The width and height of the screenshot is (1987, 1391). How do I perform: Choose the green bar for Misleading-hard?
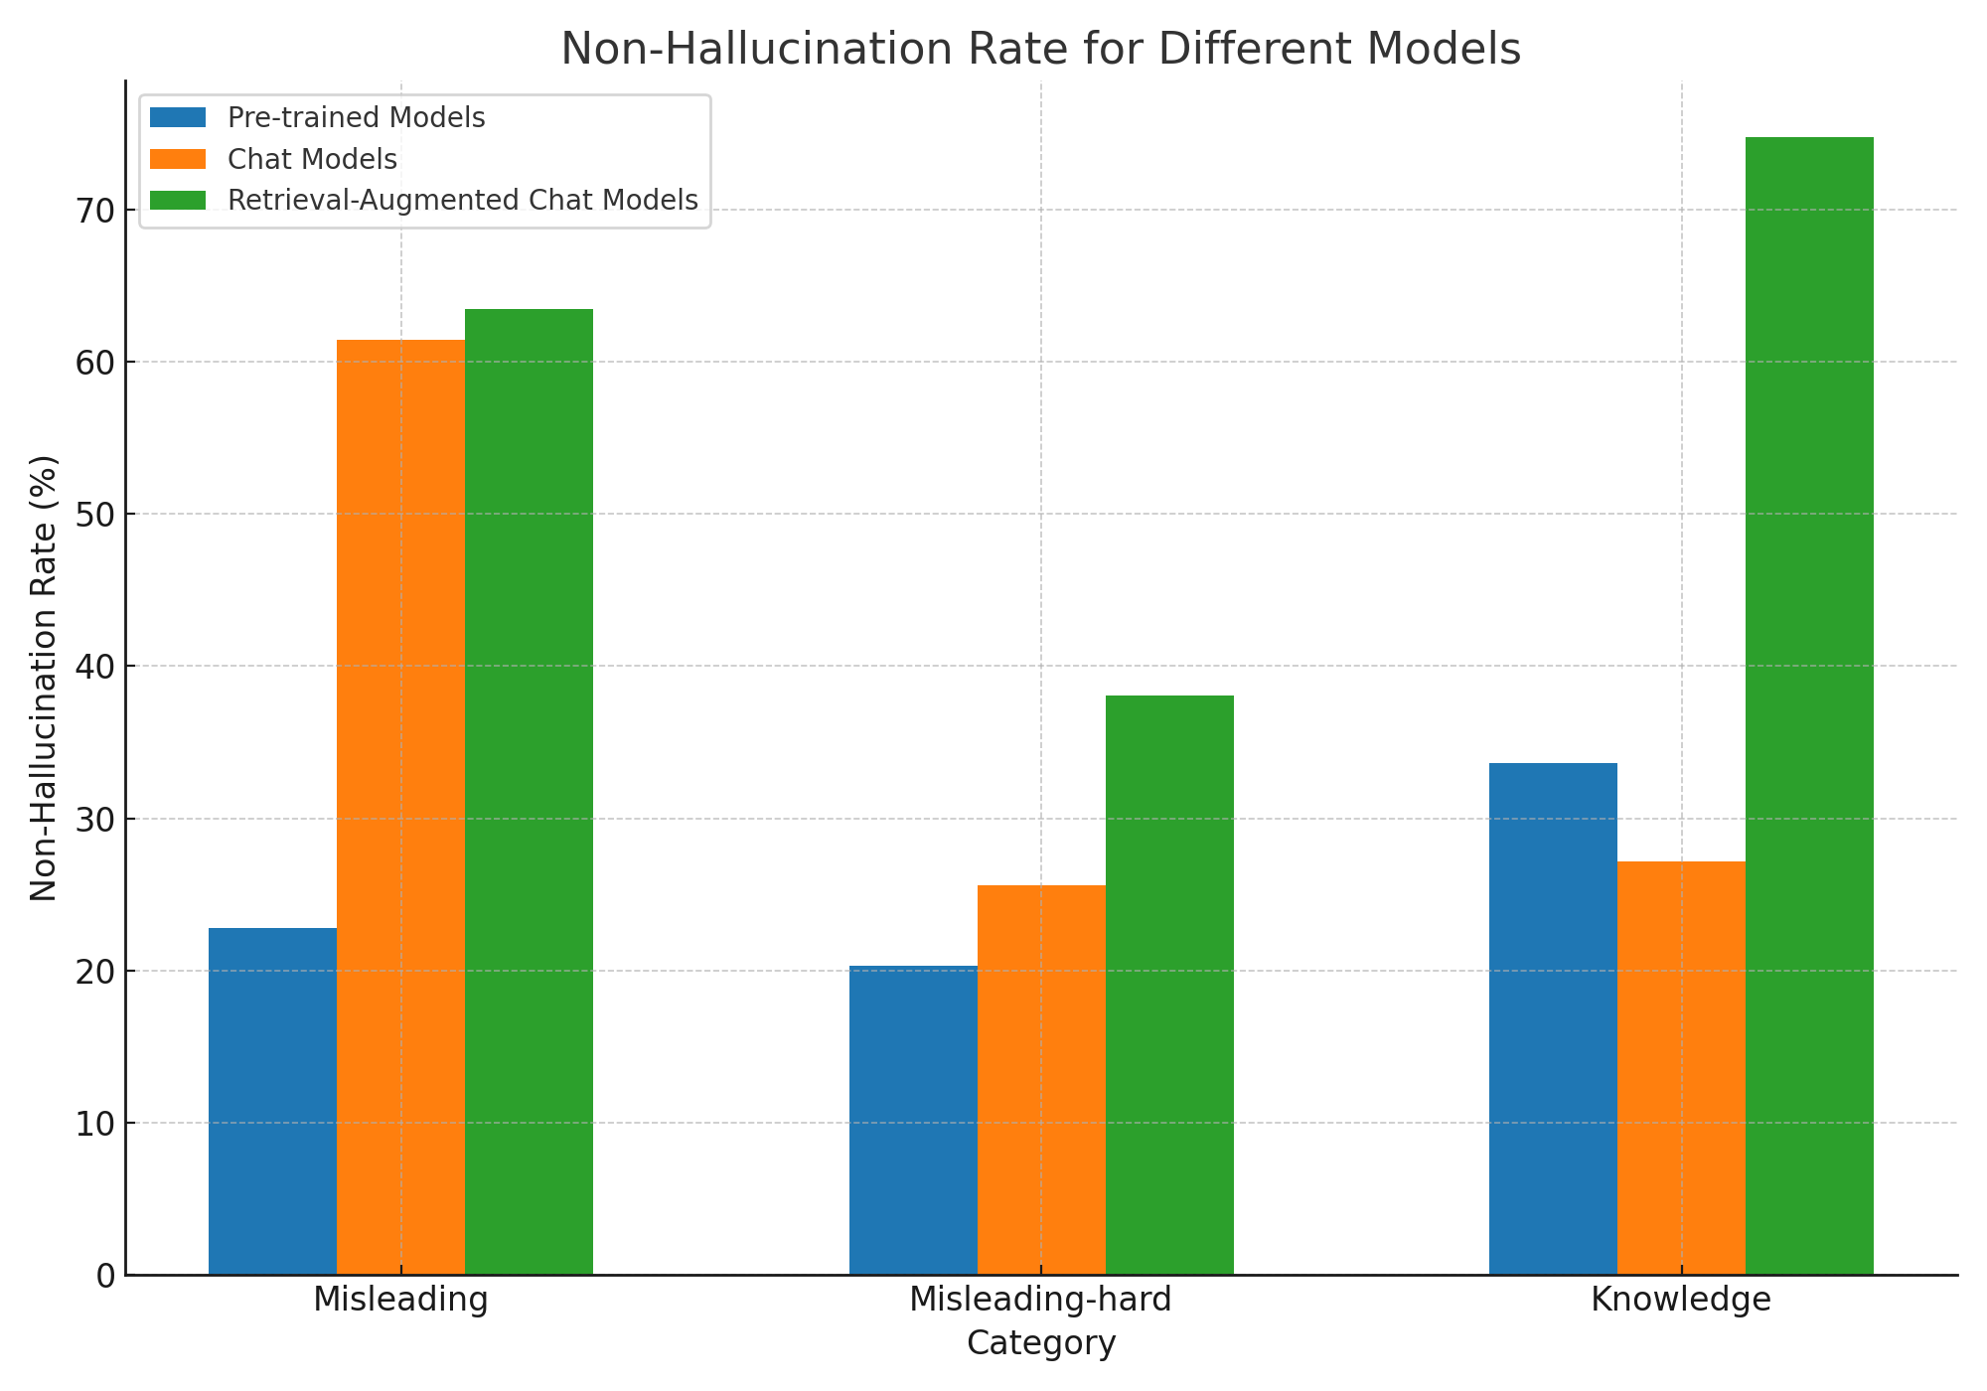click(x=1169, y=985)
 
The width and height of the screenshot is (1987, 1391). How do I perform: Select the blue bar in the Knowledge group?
click(x=1553, y=1018)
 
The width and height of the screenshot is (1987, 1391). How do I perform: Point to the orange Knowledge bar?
click(x=1681, y=1068)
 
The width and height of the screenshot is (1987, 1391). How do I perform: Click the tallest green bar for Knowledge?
click(x=1809, y=705)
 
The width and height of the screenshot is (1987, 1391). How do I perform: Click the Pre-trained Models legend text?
click(x=356, y=118)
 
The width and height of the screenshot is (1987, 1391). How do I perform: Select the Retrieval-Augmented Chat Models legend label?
click(x=462, y=200)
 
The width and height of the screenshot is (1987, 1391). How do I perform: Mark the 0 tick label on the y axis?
click(x=105, y=1276)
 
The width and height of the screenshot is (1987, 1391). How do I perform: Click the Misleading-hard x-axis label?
click(x=1040, y=1300)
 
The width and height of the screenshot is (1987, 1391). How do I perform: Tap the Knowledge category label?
click(x=1681, y=1300)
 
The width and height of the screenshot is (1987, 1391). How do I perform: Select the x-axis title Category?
click(x=1040, y=1343)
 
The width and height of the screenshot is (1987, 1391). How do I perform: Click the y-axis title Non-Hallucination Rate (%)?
click(x=44, y=678)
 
